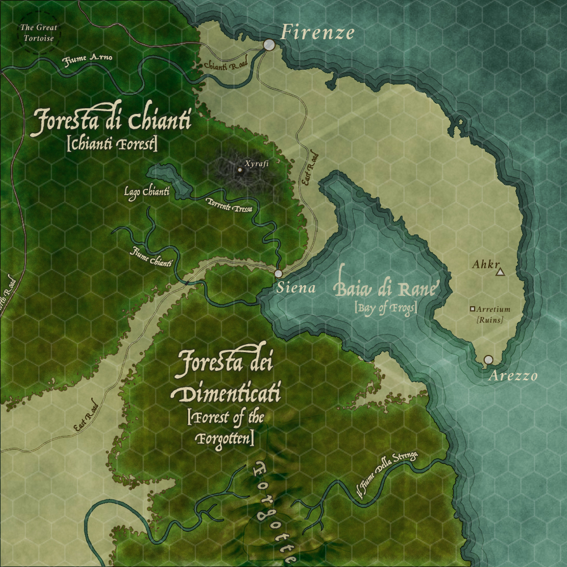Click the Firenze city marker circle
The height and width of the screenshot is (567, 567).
click(x=269, y=45)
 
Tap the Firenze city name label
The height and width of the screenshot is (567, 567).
click(x=318, y=32)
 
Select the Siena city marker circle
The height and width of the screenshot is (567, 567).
click(x=278, y=273)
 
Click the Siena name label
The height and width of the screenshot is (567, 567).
click(x=296, y=288)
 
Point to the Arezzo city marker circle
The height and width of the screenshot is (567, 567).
click(x=488, y=359)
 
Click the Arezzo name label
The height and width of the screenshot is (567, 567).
click(x=512, y=376)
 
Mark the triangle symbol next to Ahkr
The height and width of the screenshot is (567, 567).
click(x=500, y=273)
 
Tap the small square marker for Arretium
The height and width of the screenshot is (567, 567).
click(x=472, y=309)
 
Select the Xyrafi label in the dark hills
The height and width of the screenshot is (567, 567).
click(x=255, y=164)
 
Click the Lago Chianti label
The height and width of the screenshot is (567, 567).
click(x=147, y=192)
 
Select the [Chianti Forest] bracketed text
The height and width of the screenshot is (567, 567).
click(x=112, y=144)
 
